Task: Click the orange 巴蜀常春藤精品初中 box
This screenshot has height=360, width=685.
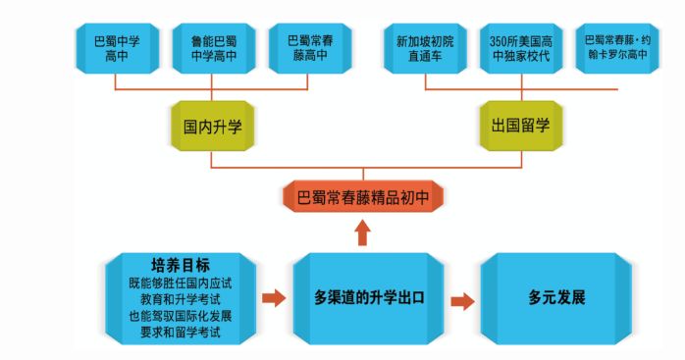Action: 362,196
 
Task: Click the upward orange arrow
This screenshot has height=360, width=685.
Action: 362,232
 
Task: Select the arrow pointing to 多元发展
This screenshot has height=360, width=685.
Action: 459,297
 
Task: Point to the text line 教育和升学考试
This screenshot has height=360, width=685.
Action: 180,298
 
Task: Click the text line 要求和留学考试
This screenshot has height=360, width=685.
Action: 180,333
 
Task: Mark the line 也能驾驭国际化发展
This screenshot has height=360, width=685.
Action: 180,316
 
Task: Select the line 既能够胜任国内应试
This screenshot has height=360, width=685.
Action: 180,282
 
